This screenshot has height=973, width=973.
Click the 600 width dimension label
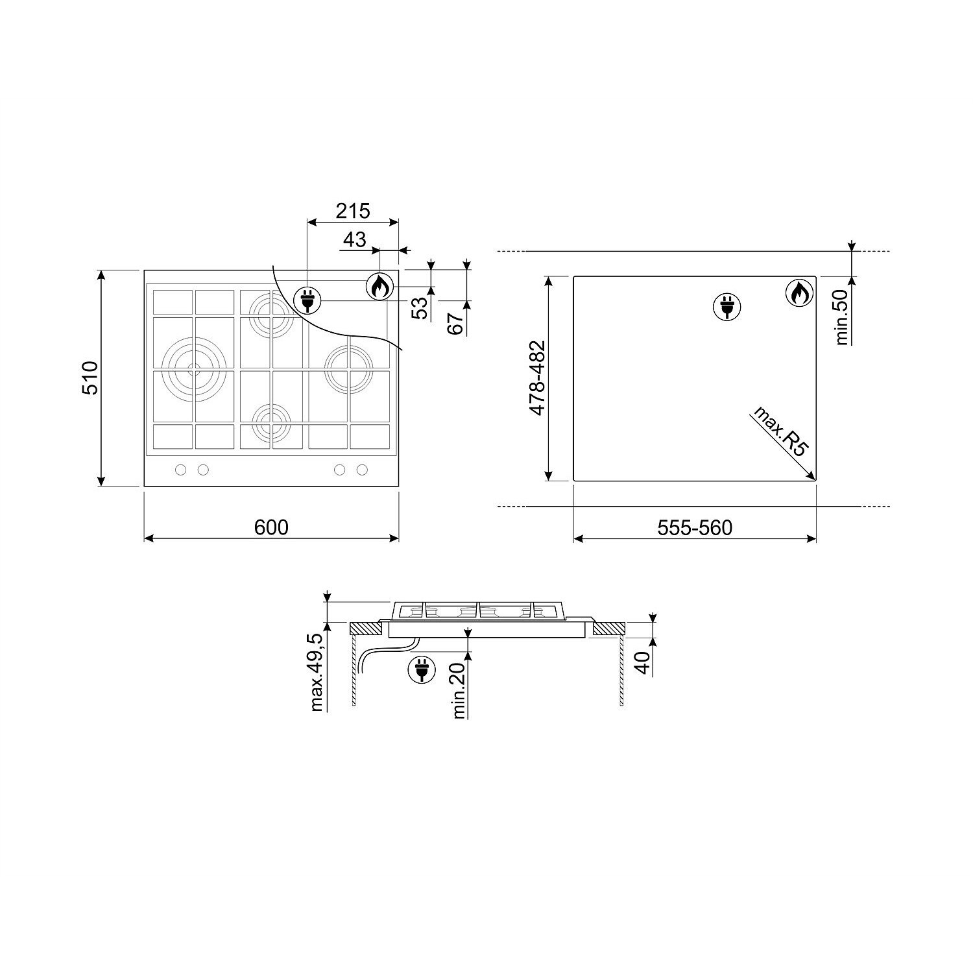click(271, 527)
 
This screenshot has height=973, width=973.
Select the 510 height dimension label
click(88, 378)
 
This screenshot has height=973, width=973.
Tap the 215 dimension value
click(352, 211)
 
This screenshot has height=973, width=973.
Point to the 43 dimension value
click(354, 239)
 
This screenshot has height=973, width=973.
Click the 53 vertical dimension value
click(422, 307)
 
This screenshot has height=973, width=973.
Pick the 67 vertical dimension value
click(457, 322)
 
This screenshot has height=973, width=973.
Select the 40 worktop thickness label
click(642, 662)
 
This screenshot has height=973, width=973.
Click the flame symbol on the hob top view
click(380, 286)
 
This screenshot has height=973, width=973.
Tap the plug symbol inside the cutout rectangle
click(727, 306)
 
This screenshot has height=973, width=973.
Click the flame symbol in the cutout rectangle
click(800, 293)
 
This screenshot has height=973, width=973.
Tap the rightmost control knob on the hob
click(362, 470)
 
